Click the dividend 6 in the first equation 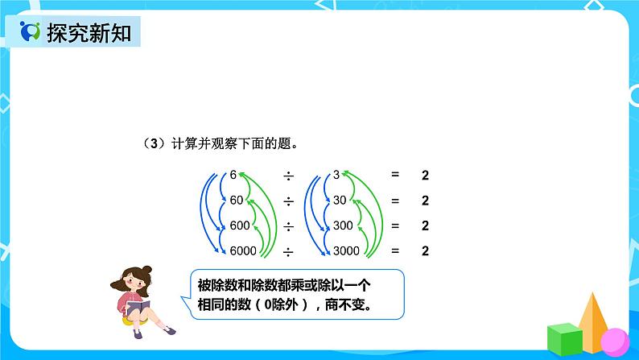click(233, 174)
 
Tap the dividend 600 click(240, 226)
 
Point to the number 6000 click(243, 251)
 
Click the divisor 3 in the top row click(336, 174)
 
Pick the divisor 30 click(339, 200)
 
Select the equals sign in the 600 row click(395, 226)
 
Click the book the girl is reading click(138, 309)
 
